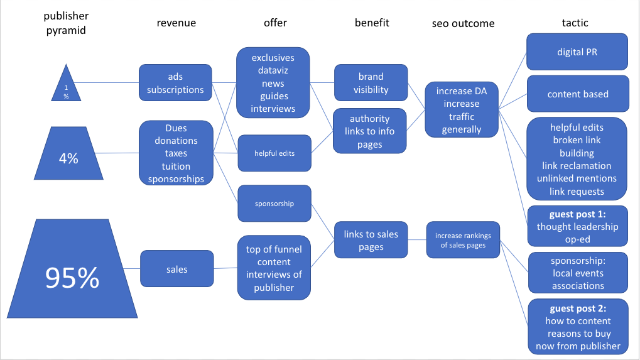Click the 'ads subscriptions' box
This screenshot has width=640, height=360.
click(x=175, y=83)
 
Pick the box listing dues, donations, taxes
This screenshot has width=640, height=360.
click(x=176, y=153)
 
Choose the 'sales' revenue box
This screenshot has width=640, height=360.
click(x=177, y=269)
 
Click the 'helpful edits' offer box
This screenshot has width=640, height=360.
click(x=274, y=153)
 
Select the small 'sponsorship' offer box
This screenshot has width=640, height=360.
click(x=274, y=204)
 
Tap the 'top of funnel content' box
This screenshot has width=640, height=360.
click(x=274, y=268)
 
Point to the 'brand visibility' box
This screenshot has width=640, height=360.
click(x=371, y=83)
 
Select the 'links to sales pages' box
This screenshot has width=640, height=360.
click(x=371, y=240)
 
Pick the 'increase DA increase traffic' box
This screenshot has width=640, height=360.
click(x=461, y=111)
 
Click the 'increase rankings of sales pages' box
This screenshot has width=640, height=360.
click(x=463, y=240)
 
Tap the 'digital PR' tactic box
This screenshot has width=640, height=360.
click(x=577, y=52)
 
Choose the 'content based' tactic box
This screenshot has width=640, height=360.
click(x=578, y=94)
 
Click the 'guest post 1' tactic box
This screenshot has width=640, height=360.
click(x=578, y=227)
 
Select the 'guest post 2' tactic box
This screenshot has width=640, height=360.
click(x=578, y=327)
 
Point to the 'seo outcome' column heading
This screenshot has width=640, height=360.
click(x=463, y=24)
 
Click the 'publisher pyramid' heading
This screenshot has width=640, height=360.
click(x=65, y=23)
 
